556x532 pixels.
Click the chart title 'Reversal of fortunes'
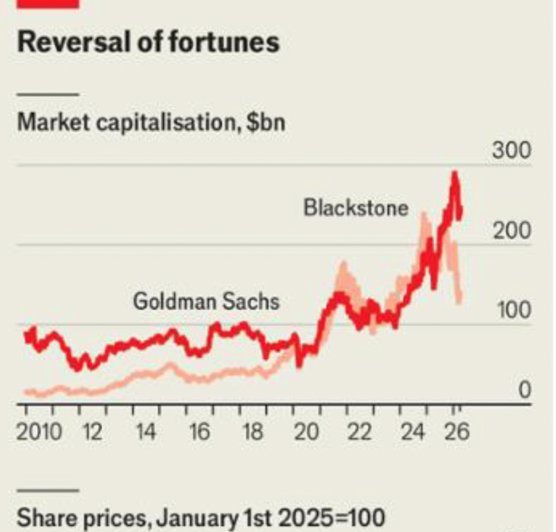point(148,43)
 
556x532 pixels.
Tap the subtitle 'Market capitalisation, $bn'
point(151,122)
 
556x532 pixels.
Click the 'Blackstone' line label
point(356,208)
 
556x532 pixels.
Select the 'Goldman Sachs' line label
point(206,302)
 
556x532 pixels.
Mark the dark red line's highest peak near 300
point(455,174)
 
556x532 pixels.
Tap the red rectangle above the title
point(48,3)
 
